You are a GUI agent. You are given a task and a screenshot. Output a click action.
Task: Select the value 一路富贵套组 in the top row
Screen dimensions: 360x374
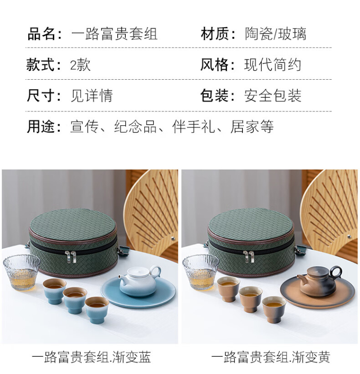(x=114, y=34)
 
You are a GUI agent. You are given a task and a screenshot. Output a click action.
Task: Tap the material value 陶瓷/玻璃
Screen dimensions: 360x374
(x=276, y=34)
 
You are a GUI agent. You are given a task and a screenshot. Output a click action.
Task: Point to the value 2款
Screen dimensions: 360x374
(x=80, y=65)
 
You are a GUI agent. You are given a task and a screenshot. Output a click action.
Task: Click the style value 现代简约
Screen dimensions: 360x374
(x=273, y=65)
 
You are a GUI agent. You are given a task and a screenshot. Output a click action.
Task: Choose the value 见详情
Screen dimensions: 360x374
(x=92, y=96)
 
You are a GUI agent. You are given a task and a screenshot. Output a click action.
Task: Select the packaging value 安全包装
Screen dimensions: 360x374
(x=273, y=96)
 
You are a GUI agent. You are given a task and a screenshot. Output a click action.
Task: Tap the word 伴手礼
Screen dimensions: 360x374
(x=193, y=126)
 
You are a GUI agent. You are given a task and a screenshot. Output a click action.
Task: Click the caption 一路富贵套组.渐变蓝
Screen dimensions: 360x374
(x=91, y=357)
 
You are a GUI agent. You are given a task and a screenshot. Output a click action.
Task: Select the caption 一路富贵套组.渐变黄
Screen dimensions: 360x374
(x=271, y=357)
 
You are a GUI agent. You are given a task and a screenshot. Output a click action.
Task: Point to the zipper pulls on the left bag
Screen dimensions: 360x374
(x=71, y=257)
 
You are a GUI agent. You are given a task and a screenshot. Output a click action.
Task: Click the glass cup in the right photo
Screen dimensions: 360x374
(x=200, y=272)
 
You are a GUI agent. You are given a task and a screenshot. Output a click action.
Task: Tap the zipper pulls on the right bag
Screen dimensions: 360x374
(x=249, y=257)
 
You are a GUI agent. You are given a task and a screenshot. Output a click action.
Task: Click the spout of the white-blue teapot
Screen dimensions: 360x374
(x=121, y=278)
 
